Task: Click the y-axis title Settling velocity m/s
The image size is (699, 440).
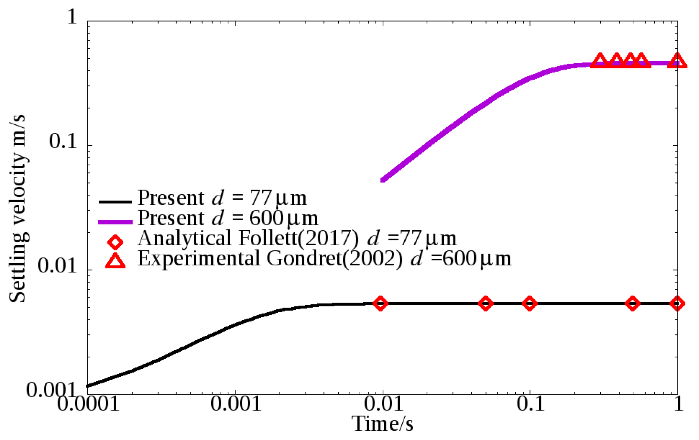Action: tap(18, 208)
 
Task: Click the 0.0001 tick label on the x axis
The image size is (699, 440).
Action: tap(88, 404)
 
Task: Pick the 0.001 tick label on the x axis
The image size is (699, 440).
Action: tap(236, 404)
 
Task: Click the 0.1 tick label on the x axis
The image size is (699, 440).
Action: tap(530, 404)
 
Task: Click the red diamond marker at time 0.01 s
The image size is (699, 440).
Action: tap(380, 303)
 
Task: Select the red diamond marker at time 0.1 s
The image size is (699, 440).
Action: tap(529, 303)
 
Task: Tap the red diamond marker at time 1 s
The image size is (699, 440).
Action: tap(677, 303)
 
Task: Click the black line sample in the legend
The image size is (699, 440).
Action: tap(115, 202)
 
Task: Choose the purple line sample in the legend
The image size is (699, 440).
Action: tap(115, 222)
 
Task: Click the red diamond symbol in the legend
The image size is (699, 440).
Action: tap(115, 242)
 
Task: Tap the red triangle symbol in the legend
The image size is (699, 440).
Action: tap(115, 261)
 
